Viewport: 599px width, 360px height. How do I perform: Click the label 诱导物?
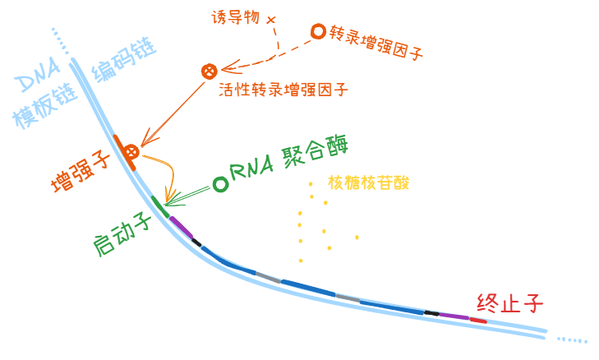[x=236, y=17]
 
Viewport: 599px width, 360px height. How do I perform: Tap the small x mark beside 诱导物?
[x=271, y=20]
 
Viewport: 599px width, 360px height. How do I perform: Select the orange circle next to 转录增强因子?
[x=318, y=31]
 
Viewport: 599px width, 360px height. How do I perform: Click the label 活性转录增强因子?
[x=283, y=90]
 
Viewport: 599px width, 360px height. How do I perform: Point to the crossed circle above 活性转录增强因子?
[x=210, y=71]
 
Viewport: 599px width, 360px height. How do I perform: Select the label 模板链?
[x=44, y=105]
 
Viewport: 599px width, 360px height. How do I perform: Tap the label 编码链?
[x=124, y=59]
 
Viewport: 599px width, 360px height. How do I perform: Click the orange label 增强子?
[x=81, y=173]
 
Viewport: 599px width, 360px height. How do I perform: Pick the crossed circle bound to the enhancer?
[x=131, y=152]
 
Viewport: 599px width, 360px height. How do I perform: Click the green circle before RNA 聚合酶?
[x=220, y=184]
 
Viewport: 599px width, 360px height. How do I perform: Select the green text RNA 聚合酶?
[x=289, y=159]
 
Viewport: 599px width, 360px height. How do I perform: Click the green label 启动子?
[x=122, y=234]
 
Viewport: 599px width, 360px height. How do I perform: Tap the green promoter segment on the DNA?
[x=160, y=207]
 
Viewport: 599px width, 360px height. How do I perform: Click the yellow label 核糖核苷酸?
[x=369, y=183]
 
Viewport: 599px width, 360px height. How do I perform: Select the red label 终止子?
[x=509, y=303]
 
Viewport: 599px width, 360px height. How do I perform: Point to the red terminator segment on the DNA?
[x=478, y=321]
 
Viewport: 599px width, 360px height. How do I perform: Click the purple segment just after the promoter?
[x=181, y=227]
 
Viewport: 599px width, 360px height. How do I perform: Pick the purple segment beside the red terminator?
[x=454, y=316]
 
